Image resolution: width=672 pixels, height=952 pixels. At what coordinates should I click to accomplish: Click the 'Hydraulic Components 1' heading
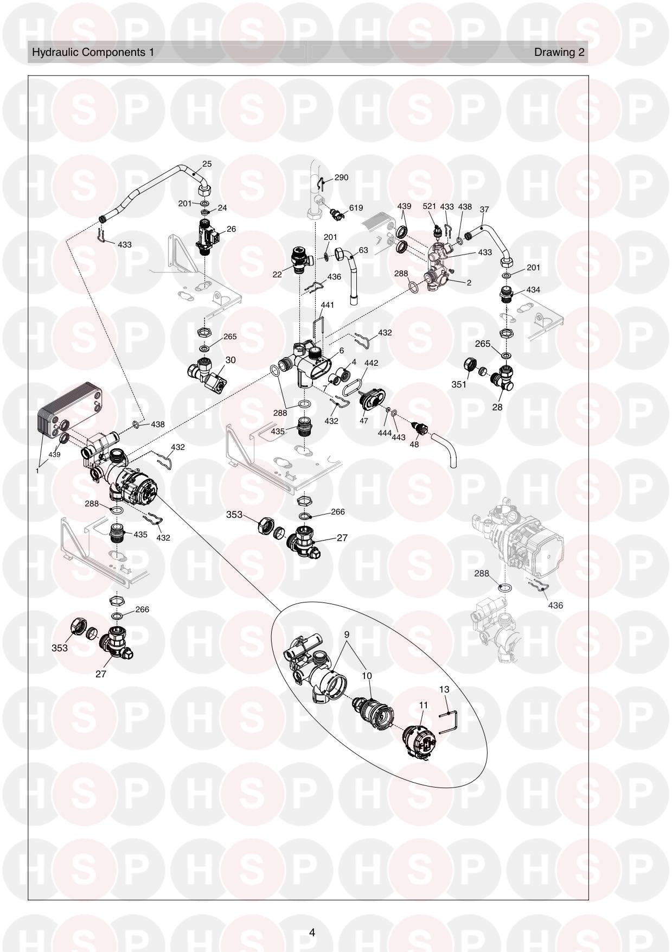click(93, 52)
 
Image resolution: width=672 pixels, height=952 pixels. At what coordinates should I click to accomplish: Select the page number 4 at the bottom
click(312, 933)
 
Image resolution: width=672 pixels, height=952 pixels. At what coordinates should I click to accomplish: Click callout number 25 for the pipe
click(207, 164)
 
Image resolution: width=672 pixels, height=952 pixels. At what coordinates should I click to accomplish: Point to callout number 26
click(231, 229)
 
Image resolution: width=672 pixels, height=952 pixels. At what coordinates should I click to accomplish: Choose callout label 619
click(356, 208)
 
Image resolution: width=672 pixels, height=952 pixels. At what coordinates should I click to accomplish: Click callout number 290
click(341, 177)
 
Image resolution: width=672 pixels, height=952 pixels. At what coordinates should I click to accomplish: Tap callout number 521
click(429, 207)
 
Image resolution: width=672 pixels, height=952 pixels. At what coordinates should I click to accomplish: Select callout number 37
click(484, 210)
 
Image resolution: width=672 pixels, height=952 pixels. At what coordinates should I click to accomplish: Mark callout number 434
click(533, 290)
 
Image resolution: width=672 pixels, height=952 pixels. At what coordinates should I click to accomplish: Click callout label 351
click(459, 385)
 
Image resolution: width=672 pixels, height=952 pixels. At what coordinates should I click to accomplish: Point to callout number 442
click(371, 363)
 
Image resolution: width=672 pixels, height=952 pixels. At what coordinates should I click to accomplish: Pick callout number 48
click(414, 444)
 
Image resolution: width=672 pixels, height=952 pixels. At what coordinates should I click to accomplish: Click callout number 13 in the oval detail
click(444, 690)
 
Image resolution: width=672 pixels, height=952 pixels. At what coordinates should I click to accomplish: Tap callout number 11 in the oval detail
click(424, 705)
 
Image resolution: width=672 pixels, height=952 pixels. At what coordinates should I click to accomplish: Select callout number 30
click(231, 360)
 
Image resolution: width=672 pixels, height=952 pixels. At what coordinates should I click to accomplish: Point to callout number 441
click(327, 305)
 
